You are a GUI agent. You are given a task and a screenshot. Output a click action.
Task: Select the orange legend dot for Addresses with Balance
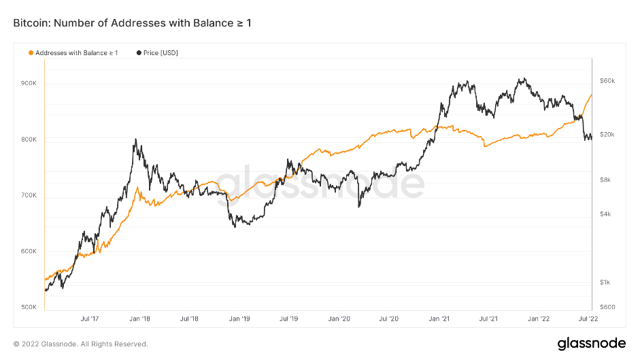[30, 52]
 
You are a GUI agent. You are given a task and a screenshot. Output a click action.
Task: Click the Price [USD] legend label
[161, 52]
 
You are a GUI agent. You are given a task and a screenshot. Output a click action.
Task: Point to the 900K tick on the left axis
[29, 84]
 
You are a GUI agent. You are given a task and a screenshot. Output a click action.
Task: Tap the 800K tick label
[29, 140]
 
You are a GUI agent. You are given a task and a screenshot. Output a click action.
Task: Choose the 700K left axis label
[29, 195]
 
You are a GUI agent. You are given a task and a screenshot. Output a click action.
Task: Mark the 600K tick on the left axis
[29, 251]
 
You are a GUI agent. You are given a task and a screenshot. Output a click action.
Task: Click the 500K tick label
[29, 307]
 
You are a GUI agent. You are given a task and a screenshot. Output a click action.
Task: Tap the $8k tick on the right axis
[605, 180]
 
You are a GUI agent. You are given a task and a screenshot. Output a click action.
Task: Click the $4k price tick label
[605, 214]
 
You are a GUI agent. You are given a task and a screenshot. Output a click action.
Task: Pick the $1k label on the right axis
[605, 282]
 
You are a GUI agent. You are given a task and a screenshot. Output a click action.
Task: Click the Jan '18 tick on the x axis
[139, 318]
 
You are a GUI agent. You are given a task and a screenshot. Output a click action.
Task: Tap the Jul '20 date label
[388, 318]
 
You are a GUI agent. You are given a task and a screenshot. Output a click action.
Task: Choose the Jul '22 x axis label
[588, 318]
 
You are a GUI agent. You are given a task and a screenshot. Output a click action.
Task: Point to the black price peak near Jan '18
[136, 140]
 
